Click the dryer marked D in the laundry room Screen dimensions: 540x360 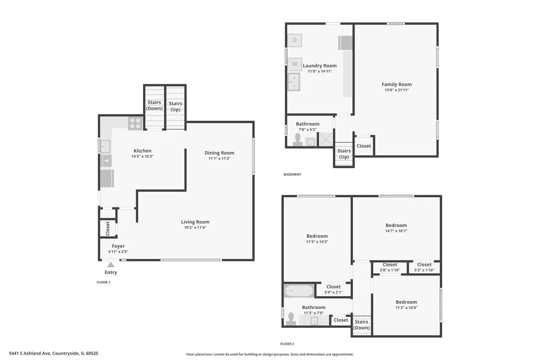295,40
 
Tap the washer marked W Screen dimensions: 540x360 295,64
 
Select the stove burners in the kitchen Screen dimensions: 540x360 135,123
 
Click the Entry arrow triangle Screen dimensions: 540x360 111,265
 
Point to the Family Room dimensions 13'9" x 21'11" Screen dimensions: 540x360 396,90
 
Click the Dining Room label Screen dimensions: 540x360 220,153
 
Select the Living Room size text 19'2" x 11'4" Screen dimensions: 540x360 195,227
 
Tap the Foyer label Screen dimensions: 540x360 118,246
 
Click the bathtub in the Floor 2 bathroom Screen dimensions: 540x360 299,291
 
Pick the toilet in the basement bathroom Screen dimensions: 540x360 298,140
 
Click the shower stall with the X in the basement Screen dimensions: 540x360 326,139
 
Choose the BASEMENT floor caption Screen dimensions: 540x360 292,174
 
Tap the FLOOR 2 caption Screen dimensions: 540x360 287,344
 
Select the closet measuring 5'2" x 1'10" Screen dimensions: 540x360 424,267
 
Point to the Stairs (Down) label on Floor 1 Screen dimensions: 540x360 154,105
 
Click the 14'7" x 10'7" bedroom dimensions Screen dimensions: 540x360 396,231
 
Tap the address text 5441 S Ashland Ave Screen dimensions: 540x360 30,353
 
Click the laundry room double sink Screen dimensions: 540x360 294,82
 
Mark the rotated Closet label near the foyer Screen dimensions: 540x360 108,228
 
